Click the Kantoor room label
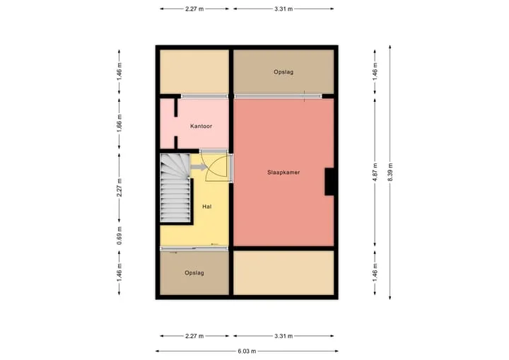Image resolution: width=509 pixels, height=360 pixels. pos(201,126)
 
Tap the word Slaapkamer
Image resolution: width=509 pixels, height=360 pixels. pos(283,173)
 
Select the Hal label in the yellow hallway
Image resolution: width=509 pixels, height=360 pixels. pos(206,207)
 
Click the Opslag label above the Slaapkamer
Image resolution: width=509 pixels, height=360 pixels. pos(283,72)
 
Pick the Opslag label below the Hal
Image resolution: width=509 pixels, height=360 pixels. pos(194,273)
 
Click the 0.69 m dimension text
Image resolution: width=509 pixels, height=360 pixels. pos(119,236)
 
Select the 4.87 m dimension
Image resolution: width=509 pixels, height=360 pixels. pos(375,172)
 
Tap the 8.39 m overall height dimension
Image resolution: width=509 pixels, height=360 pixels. pos(390,172)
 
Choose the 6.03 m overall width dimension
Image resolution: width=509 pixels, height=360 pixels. pos(247,351)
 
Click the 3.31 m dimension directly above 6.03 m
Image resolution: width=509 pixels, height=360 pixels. pos(283,336)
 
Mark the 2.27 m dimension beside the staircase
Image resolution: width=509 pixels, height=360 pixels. pos(119,187)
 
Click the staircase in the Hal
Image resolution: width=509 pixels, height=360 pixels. pos(175,188)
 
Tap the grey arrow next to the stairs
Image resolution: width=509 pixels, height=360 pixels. pos(199,168)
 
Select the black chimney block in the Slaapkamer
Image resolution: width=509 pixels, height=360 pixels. pos(329,182)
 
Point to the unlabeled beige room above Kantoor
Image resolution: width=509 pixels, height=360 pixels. pos(194,72)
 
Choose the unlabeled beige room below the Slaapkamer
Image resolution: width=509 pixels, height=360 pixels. pos(283,272)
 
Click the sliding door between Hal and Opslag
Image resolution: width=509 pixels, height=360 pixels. pos(194,248)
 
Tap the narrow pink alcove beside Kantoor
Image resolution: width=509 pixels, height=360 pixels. pos(168,124)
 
